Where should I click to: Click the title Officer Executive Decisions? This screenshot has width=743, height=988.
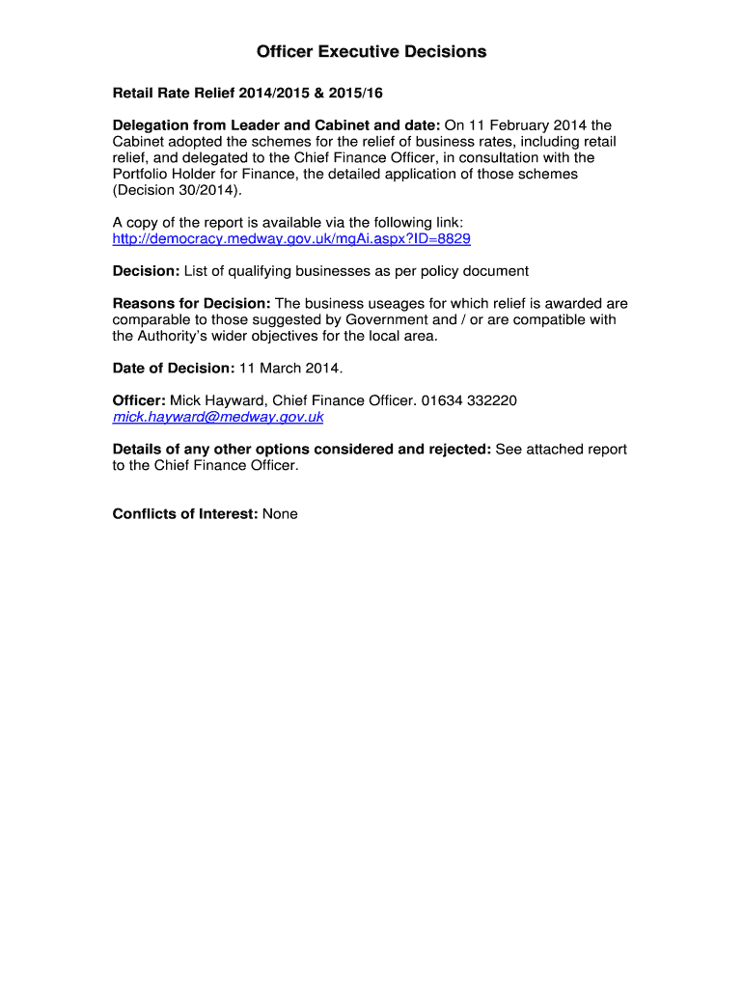[371, 52]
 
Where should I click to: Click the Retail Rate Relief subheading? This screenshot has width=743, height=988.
[254, 94]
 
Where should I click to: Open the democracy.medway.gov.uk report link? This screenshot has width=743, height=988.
[291, 238]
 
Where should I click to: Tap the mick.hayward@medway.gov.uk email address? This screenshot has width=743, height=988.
[218, 417]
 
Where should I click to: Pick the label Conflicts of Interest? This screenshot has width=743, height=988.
[184, 514]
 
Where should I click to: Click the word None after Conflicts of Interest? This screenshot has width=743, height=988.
[280, 514]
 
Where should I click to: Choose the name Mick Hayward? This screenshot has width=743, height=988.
[217, 400]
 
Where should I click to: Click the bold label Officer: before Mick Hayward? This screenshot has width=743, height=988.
[139, 400]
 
